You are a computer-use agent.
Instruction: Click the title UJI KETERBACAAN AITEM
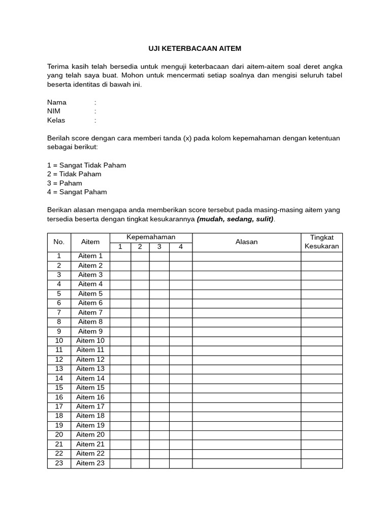pyautogui.click(x=195, y=49)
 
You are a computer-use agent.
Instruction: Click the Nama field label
pyautogui.click(x=57, y=102)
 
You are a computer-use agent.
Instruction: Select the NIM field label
pyautogui.click(x=54, y=111)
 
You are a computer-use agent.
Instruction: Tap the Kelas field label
pyautogui.click(x=56, y=121)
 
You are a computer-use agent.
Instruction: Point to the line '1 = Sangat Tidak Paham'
pyautogui.click(x=86, y=165)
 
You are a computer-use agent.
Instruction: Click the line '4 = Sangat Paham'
pyautogui.click(x=77, y=192)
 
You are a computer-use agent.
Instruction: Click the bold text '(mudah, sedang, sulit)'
pyautogui.click(x=235, y=219)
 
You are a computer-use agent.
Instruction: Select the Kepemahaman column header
pyautogui.click(x=151, y=238)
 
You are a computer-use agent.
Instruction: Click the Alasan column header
pyautogui.click(x=246, y=242)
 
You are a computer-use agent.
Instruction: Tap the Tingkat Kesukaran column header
pyautogui.click(x=321, y=242)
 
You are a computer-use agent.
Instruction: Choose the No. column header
pyautogui.click(x=59, y=242)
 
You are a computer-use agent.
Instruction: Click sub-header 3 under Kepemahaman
pyautogui.click(x=159, y=247)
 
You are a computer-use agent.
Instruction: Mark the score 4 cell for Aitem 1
pyautogui.click(x=180, y=256)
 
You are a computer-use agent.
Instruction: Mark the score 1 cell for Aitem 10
pyautogui.click(x=120, y=341)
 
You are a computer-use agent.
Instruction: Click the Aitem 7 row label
pyautogui.click(x=90, y=312)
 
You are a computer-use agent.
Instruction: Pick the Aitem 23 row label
pyautogui.click(x=90, y=463)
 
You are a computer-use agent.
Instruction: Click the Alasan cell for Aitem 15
pyautogui.click(x=246, y=388)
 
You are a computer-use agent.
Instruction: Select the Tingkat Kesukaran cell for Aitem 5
pyautogui.click(x=321, y=294)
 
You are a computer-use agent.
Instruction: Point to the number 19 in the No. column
pyautogui.click(x=59, y=425)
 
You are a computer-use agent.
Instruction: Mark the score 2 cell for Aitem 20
pyautogui.click(x=140, y=435)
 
